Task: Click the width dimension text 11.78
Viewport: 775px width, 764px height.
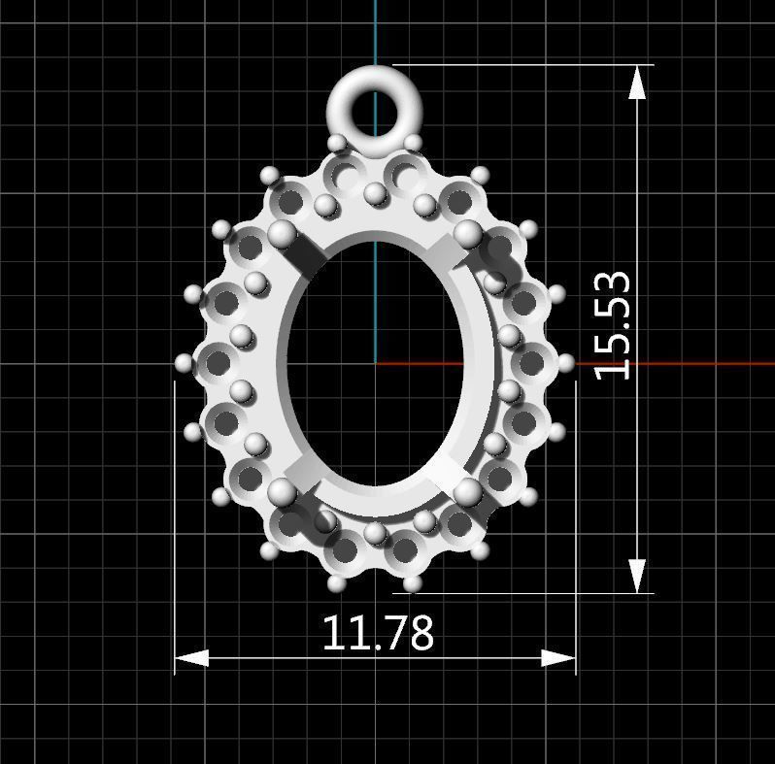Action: pos(377,633)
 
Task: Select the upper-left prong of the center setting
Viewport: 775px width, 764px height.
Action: pos(282,234)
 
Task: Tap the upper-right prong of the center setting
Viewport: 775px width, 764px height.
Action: pos(468,233)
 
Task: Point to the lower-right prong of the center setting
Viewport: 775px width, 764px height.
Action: pos(468,490)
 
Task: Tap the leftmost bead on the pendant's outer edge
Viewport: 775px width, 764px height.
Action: pos(185,362)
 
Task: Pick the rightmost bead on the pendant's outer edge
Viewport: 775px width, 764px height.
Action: pos(566,362)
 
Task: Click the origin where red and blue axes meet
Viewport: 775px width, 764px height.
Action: pos(376,364)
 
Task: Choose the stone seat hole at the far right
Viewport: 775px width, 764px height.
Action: pos(531,363)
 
